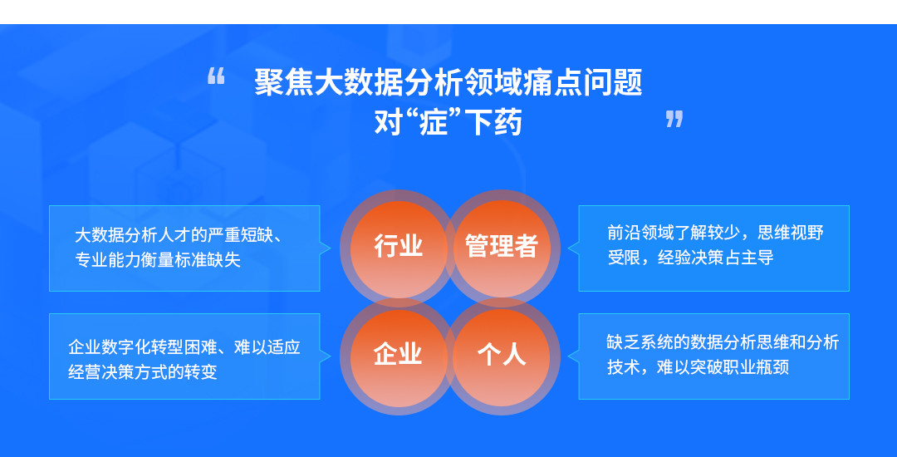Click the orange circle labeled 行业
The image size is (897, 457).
(x=398, y=247)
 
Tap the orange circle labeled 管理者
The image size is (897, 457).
(x=501, y=247)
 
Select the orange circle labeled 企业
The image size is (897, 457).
(x=398, y=356)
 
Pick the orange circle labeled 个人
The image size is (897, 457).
(x=501, y=356)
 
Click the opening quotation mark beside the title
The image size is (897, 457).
(x=216, y=76)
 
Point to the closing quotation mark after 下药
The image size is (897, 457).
(x=674, y=119)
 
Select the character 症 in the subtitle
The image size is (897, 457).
(x=433, y=122)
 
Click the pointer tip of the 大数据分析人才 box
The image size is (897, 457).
(x=331, y=248)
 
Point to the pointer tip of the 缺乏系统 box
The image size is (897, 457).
(x=568, y=356)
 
